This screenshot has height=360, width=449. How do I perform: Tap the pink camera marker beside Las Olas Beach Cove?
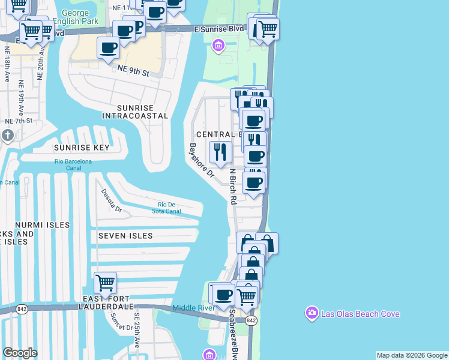312,313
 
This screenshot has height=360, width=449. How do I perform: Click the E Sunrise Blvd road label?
219,28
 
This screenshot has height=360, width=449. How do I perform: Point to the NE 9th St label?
133,72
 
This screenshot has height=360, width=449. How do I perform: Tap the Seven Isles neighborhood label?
125,236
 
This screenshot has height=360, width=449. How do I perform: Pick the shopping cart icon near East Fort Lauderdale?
106,283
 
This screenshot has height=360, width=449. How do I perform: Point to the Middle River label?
193,308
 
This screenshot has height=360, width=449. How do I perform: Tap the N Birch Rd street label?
233,186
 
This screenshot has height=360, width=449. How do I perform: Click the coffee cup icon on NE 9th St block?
109,48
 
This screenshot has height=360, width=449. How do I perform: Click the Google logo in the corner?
20,352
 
